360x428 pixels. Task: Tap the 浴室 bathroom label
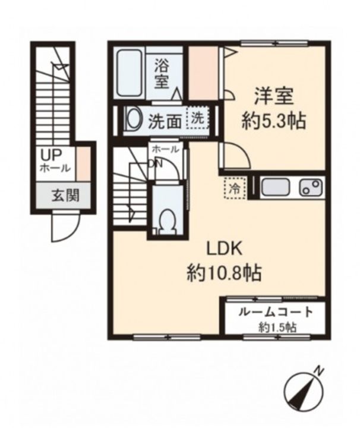162,73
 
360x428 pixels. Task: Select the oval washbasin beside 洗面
132,119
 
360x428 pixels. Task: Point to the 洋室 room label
273,96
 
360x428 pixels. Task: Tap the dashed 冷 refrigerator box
235,188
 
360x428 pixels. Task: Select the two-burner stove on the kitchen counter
310,187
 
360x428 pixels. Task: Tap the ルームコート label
274,312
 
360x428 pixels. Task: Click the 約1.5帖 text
277,327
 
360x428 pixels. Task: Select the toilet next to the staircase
167,220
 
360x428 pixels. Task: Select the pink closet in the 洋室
204,73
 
